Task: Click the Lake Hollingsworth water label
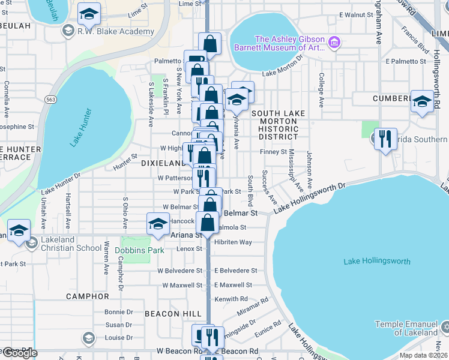377,262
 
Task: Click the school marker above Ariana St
158,224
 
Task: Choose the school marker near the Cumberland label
422,101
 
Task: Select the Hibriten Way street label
234,242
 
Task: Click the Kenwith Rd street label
231,299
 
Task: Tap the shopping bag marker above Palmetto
209,43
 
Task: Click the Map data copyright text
424,355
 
